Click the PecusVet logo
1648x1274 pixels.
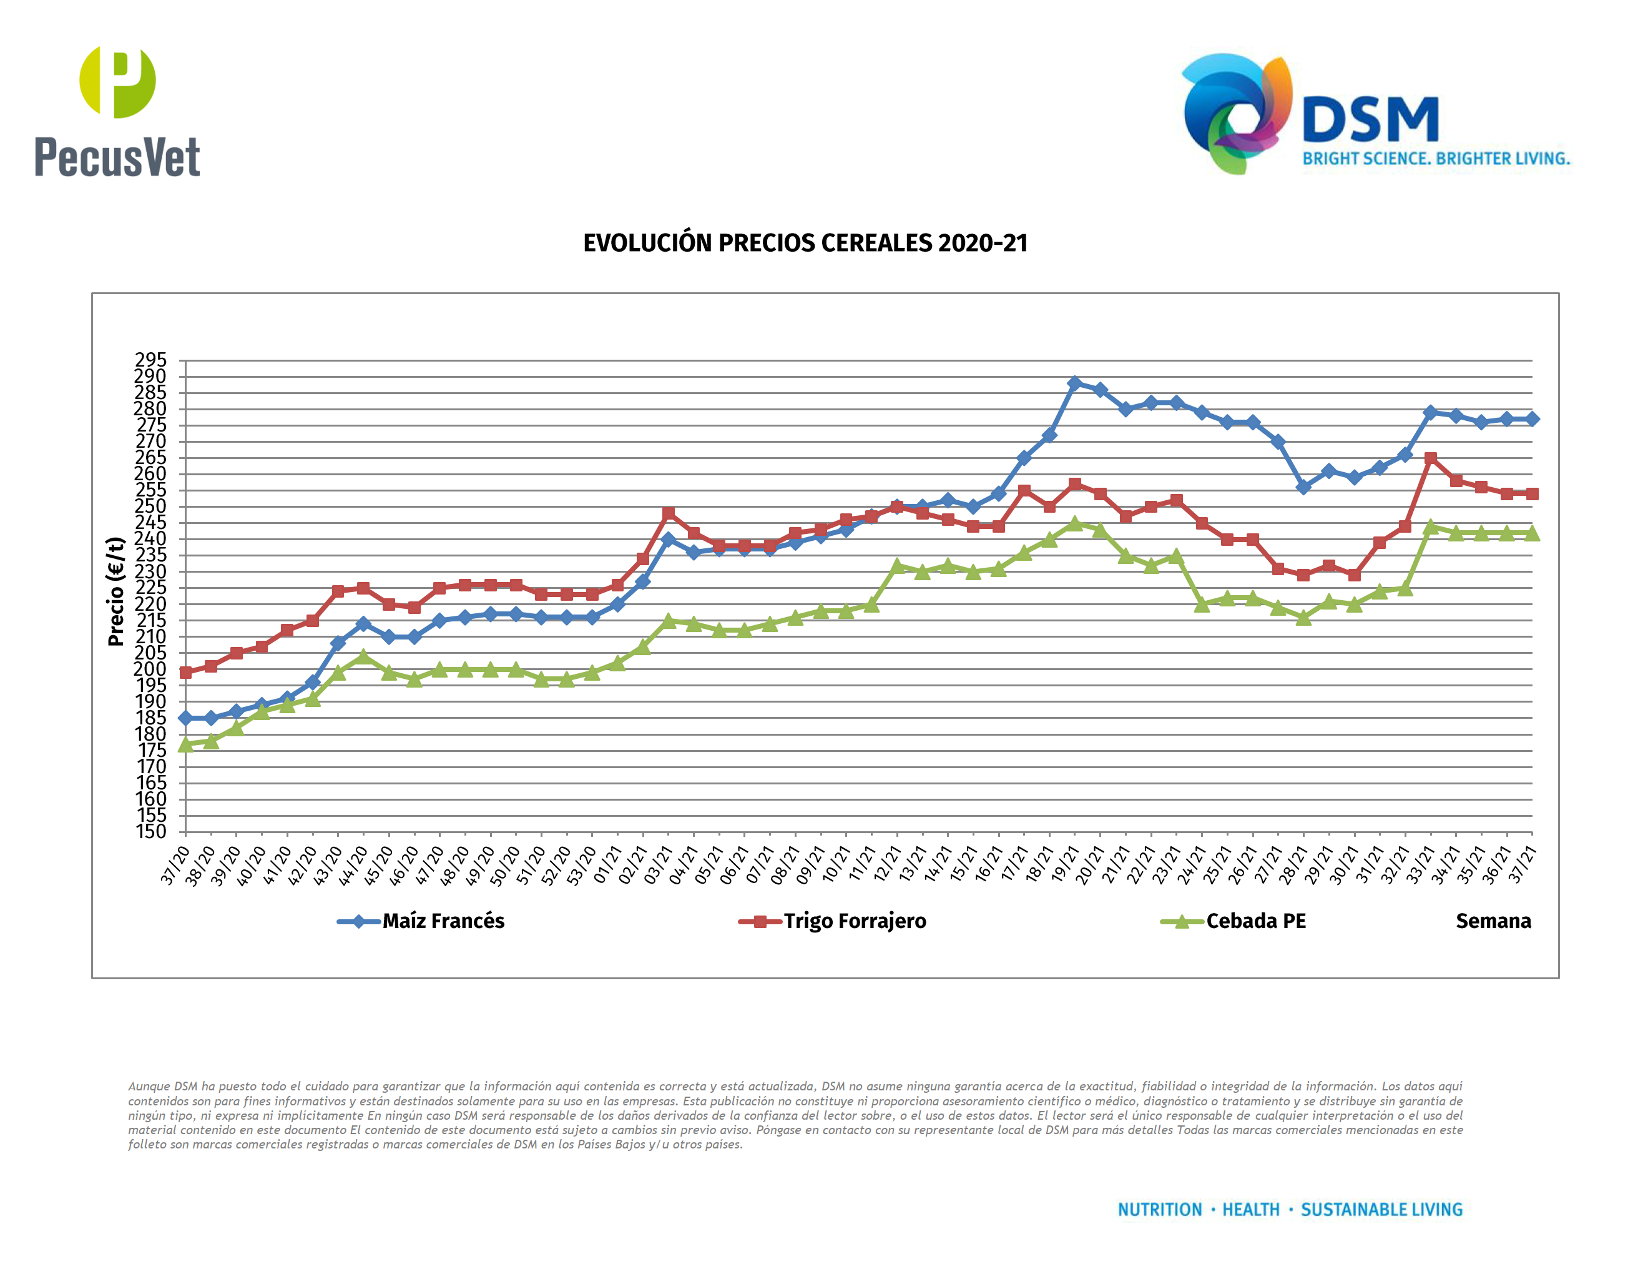pyautogui.click(x=117, y=112)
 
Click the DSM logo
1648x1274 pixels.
pyautogui.click(x=1375, y=115)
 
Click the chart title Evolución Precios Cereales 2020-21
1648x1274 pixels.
pyautogui.click(x=805, y=243)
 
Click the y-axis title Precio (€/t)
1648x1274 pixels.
pyautogui.click(x=115, y=591)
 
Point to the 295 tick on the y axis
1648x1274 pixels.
pyautogui.click(x=150, y=360)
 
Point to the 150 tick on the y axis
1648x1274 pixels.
pyautogui.click(x=150, y=832)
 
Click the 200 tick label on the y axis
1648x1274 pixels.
pyautogui.click(x=150, y=669)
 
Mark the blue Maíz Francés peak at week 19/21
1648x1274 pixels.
pyautogui.click(x=1074, y=383)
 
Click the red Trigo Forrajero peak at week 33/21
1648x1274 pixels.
pyautogui.click(x=1430, y=458)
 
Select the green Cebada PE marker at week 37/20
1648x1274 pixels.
pyautogui.click(x=185, y=744)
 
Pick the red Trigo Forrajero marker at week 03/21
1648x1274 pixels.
pyautogui.click(x=669, y=513)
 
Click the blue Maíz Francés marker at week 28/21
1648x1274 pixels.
pyautogui.click(x=1303, y=488)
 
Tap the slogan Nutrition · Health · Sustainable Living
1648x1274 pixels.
pyautogui.click(x=1290, y=1210)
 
